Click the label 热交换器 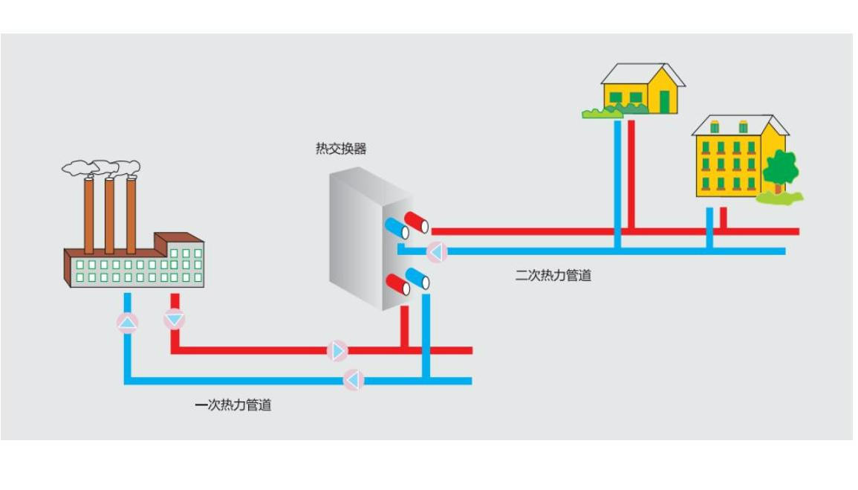[x=341, y=149]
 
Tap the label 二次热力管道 [x=553, y=276]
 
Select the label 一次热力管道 [x=233, y=405]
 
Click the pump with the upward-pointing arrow [x=128, y=323]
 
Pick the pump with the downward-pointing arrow [x=174, y=320]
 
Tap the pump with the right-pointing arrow [x=337, y=350]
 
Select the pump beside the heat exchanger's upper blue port [x=437, y=252]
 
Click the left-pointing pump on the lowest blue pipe [x=354, y=381]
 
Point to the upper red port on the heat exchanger [x=417, y=222]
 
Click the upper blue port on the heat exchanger [x=397, y=228]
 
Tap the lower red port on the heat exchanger [x=397, y=285]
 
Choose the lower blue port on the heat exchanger [x=417, y=278]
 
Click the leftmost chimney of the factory [x=89, y=216]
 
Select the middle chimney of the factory [x=109, y=216]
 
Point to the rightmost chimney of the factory [x=131, y=216]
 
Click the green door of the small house [x=664, y=101]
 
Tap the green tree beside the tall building [x=780, y=170]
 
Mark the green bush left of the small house [x=594, y=113]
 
